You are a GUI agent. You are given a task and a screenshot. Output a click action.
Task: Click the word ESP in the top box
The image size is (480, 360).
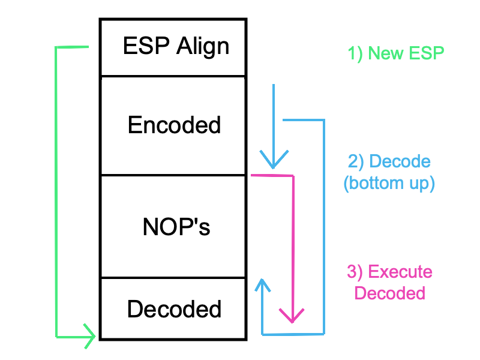point(146,46)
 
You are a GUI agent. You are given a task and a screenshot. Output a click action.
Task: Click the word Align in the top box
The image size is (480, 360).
point(203,47)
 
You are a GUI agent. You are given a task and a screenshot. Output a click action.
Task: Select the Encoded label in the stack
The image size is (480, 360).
point(174,125)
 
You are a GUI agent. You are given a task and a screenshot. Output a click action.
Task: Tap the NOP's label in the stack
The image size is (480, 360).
point(176,227)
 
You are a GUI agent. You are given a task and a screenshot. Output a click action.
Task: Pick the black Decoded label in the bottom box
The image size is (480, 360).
point(174,309)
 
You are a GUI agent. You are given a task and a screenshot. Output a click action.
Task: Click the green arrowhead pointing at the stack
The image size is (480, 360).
point(89,336)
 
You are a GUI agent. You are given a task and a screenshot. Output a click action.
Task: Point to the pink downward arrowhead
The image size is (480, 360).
point(292,316)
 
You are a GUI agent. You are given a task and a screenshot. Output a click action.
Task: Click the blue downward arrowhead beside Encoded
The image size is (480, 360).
point(274,159)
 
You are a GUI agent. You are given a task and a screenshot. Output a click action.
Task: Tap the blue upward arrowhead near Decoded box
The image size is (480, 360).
point(262,284)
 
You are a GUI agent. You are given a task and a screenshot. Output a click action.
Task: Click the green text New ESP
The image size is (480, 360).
point(406,53)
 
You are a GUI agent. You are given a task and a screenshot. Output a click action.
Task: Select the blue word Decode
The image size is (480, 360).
point(400,161)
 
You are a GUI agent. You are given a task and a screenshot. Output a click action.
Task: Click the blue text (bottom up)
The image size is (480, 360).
point(389,184)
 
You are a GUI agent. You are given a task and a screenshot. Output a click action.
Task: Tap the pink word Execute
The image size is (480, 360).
point(400,272)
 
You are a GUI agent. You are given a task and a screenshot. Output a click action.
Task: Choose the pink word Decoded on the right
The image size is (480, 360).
point(389,293)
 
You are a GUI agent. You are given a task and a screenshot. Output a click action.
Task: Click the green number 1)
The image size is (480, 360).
point(355,54)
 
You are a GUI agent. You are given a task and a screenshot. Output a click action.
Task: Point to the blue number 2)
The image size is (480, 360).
point(356,161)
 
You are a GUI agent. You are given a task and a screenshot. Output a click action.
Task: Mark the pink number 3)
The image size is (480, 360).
point(355,272)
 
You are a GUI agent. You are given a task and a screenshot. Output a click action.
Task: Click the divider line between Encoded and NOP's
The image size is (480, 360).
point(173,175)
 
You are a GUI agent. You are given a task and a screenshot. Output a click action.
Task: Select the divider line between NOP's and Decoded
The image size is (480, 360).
point(173,278)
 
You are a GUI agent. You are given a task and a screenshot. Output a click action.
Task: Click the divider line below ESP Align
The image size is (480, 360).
point(173,76)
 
